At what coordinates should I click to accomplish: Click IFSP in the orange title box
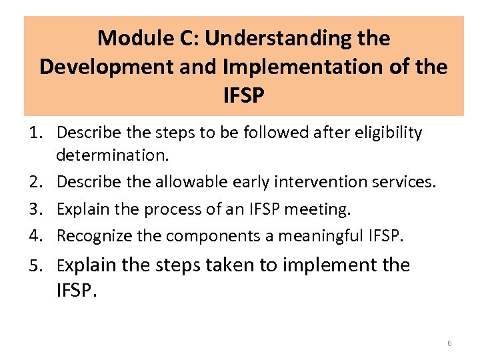(x=244, y=96)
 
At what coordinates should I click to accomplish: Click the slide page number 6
(x=449, y=343)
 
